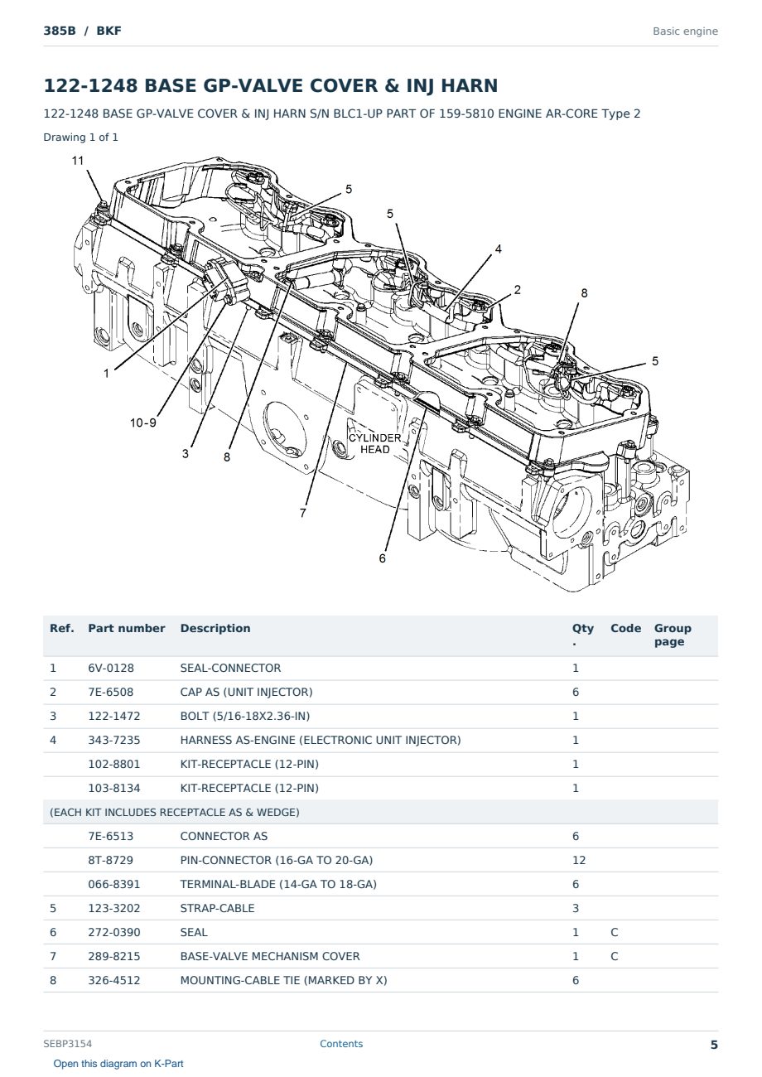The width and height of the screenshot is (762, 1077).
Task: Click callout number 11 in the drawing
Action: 78,161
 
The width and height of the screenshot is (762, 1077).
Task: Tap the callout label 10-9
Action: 143,423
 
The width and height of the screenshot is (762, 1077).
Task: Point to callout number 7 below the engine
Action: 303,513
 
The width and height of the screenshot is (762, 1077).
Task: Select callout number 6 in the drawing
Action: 382,558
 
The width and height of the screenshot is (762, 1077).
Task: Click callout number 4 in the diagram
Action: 499,249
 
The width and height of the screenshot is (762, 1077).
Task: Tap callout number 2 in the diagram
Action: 518,289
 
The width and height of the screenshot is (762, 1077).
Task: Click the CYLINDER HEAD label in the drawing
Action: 374,444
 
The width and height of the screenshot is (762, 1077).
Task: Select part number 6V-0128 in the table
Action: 111,668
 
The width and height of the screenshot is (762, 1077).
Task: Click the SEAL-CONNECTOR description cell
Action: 230,668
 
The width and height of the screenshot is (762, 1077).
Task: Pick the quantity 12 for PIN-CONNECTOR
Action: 579,860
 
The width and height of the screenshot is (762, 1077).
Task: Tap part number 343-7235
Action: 114,740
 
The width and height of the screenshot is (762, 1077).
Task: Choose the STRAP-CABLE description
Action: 217,908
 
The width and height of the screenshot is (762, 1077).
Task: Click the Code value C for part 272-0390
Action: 615,932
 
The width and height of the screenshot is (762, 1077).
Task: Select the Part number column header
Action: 127,628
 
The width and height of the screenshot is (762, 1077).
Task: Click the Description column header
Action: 215,628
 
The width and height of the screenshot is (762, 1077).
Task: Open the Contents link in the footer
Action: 341,1044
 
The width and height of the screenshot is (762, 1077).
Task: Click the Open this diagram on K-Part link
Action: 118,1064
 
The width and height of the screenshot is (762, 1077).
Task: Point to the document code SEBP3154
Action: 68,1044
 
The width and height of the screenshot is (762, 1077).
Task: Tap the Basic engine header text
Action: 685,31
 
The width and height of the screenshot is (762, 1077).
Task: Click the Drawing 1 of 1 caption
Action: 81,137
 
